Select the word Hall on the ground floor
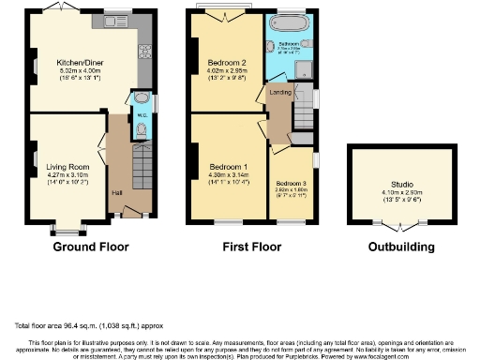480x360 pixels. [x=117, y=193]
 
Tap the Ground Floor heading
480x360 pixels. [x=91, y=247]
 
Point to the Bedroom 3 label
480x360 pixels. [x=290, y=184]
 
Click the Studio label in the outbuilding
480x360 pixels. [x=400, y=185]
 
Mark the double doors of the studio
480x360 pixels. [x=400, y=226]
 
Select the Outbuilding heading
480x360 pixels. [x=400, y=247]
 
